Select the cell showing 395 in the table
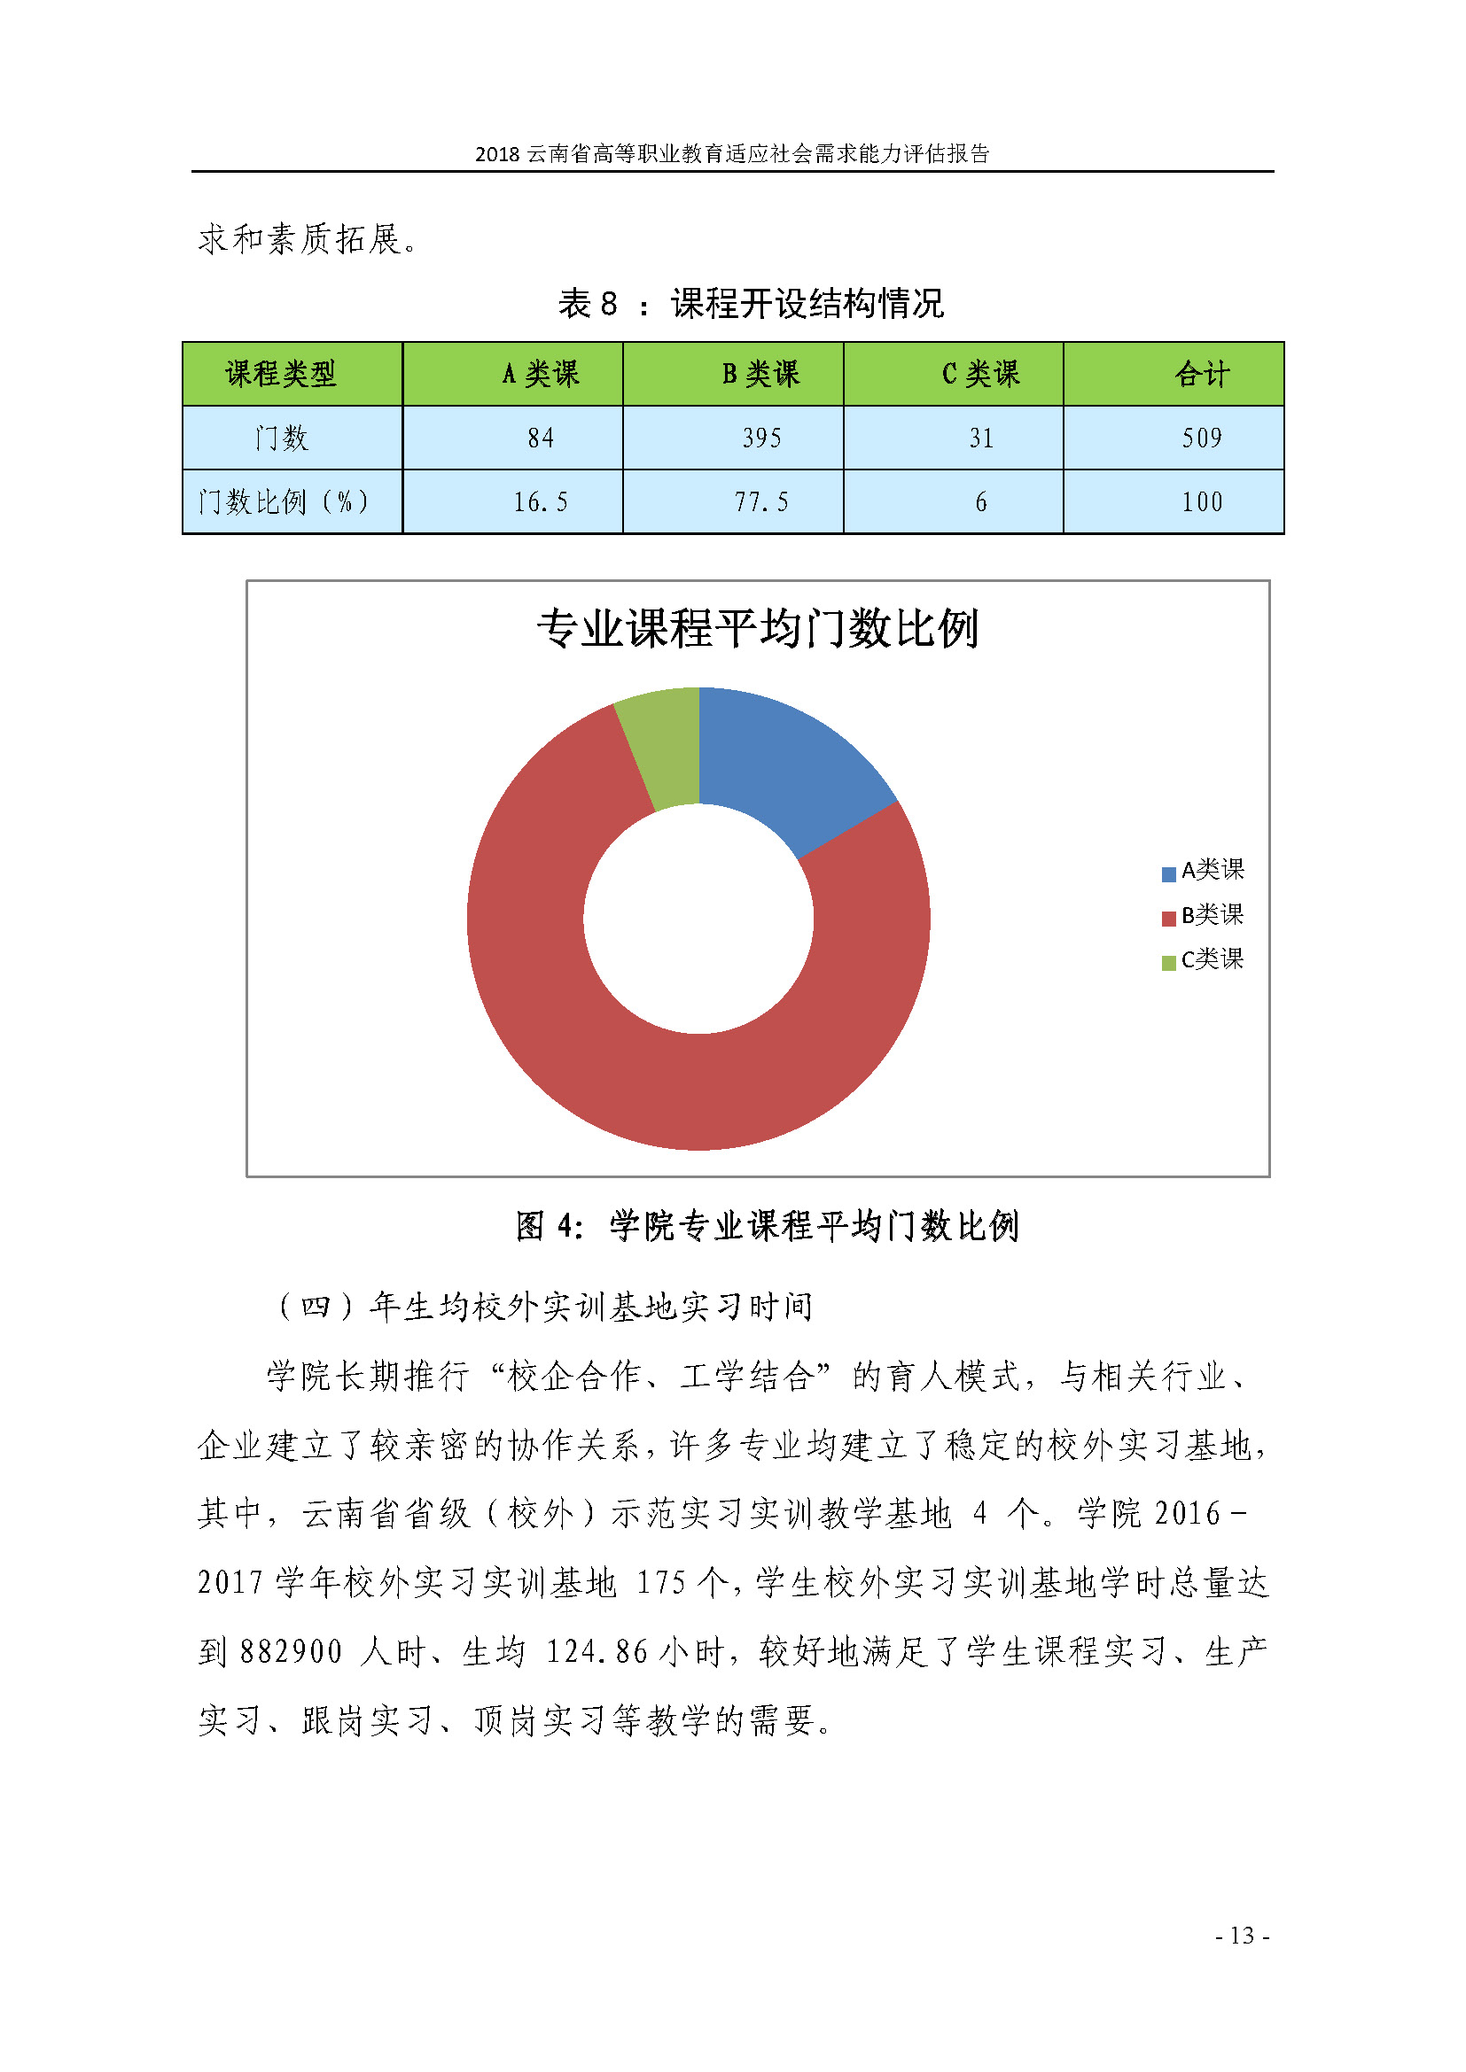761,438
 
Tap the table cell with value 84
541,438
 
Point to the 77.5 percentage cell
761,502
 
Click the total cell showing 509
1202,438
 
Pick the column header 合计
1202,374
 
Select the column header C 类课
980,374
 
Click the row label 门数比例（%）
284,502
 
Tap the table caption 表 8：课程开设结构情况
750,304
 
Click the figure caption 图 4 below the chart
767,1226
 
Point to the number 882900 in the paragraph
291,1652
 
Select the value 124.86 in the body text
597,1652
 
